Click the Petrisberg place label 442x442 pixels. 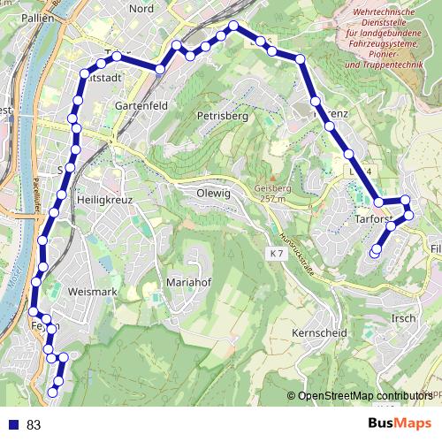[222, 116]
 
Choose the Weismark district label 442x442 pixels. [92, 291]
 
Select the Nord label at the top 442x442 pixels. [141, 8]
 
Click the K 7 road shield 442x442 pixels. [276, 255]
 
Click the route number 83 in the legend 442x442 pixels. [34, 425]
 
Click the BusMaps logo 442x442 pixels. [400, 423]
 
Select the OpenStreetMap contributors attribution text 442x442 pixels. [363, 395]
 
